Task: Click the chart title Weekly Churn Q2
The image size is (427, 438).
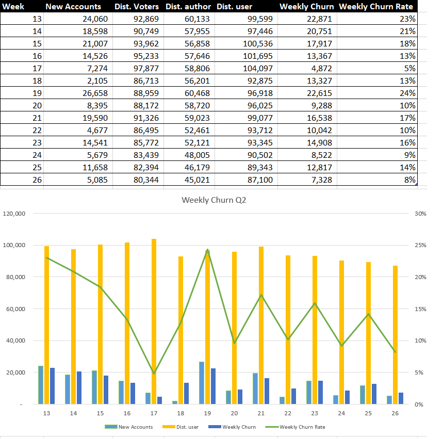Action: [x=213, y=200]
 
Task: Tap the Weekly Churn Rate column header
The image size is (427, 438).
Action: [x=376, y=7]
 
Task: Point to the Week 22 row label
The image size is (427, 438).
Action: [x=37, y=130]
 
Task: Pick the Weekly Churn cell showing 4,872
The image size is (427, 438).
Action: [x=320, y=68]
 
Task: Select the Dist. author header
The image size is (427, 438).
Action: [x=188, y=7]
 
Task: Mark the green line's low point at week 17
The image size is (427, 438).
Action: [x=154, y=373]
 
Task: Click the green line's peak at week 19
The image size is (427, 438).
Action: [x=207, y=250]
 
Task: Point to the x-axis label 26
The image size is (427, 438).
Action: [x=395, y=413]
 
